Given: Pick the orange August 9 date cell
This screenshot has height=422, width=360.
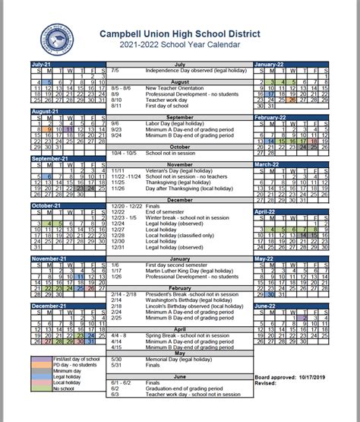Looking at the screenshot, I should [x=49, y=130].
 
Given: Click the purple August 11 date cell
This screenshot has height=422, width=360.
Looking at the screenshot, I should [x=69, y=130].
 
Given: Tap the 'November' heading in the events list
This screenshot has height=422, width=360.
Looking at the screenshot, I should [x=180, y=165].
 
